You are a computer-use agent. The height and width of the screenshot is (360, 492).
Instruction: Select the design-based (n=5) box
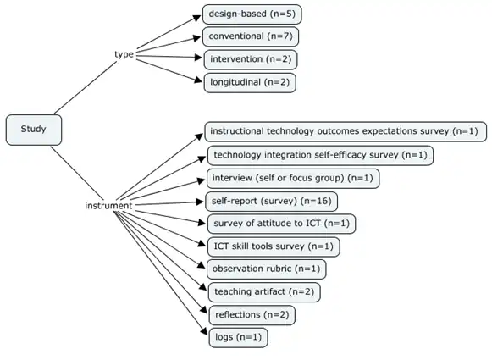coord(252,14)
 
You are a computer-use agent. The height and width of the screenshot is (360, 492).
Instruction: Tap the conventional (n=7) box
coord(251,37)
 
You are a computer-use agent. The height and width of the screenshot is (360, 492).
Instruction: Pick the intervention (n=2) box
coord(252,60)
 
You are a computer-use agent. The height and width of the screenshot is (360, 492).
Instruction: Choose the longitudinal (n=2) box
coord(251,83)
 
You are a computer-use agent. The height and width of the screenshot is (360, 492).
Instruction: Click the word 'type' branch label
coord(124,54)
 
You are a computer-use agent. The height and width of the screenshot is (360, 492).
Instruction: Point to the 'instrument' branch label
coord(108,206)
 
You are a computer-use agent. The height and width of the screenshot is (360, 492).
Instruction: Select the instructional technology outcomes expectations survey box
coord(345,131)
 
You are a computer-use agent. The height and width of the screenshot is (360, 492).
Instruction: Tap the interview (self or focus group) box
coord(292,178)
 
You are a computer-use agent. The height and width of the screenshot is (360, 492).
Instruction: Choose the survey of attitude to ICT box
coord(281,224)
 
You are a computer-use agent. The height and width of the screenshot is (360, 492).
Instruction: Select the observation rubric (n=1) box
coord(266,269)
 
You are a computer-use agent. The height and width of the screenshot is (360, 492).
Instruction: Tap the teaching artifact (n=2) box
coord(263,292)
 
